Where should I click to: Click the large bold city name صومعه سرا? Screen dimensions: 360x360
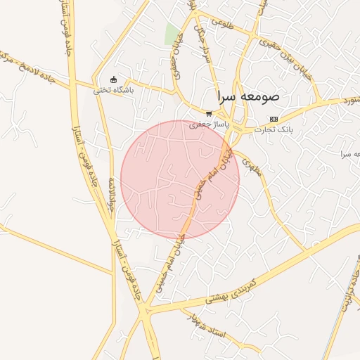pos(248,96)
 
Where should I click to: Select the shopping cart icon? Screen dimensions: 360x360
pos(209,112)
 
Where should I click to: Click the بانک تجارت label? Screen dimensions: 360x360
pos(275,129)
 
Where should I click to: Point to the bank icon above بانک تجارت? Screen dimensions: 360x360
pos(274,119)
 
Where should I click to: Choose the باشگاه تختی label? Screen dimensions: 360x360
pos(113,90)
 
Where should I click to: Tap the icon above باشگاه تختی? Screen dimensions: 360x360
pos(114,79)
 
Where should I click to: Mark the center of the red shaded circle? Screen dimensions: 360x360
pos(180,179)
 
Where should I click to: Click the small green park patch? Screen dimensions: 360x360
pos(172,33)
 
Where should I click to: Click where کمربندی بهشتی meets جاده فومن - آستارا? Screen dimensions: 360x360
pos(145,309)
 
